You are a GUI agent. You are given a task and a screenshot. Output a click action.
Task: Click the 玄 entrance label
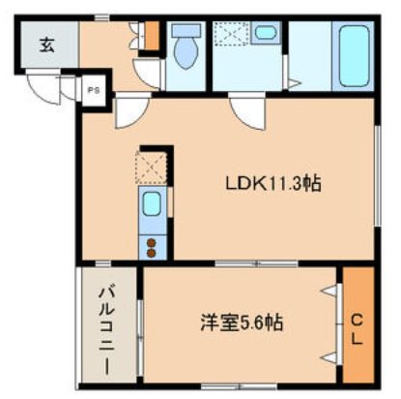point(46,43)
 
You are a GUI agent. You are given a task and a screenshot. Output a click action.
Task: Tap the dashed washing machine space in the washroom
point(232,35)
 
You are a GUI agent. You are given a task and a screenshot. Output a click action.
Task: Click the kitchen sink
point(152,205)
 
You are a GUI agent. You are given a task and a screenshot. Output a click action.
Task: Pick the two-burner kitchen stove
point(152,245)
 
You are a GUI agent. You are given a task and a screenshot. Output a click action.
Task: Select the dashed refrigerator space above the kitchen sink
point(152,166)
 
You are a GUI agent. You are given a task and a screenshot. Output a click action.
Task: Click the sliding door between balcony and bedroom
point(141,329)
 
